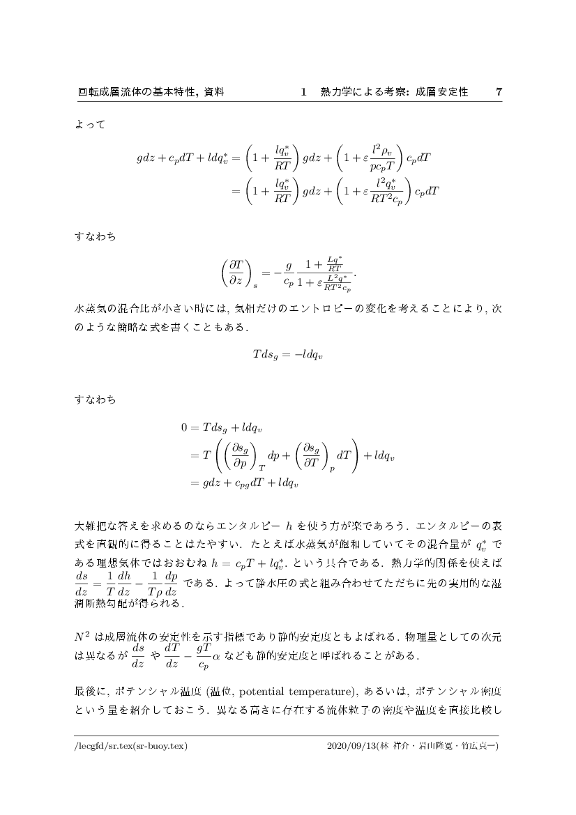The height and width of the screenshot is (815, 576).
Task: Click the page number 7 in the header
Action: click(498, 92)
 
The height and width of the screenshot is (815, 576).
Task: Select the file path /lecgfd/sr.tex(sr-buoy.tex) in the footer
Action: click(131, 745)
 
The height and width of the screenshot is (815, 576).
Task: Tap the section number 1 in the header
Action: click(303, 92)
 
